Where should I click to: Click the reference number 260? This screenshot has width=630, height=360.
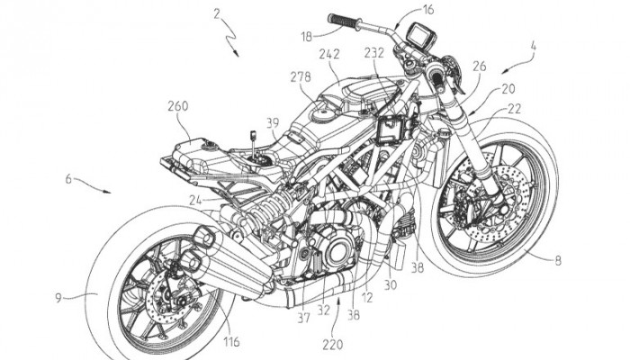pyautogui.click(x=176, y=105)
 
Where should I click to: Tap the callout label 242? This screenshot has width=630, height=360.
pyautogui.click(x=329, y=55)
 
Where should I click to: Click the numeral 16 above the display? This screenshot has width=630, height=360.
pyautogui.click(x=427, y=10)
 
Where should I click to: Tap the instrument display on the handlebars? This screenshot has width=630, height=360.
pyautogui.click(x=420, y=39)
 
